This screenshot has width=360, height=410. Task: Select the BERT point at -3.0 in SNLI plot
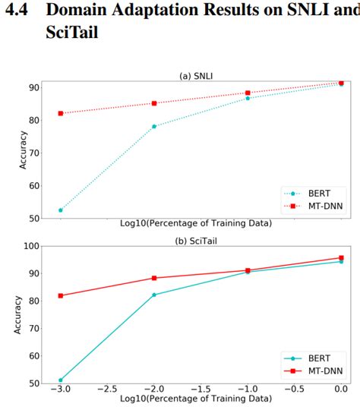pyautogui.click(x=61, y=210)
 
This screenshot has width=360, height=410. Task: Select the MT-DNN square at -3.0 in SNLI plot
pyautogui.click(x=61, y=113)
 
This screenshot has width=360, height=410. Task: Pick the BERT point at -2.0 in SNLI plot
pyautogui.click(x=154, y=126)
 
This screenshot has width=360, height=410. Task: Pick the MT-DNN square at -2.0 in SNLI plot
pyautogui.click(x=154, y=103)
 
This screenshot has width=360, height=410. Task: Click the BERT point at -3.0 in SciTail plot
pyautogui.click(x=61, y=380)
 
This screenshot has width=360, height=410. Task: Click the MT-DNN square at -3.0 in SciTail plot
pyautogui.click(x=61, y=295)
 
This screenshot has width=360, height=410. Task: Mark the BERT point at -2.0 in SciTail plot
pyautogui.click(x=154, y=295)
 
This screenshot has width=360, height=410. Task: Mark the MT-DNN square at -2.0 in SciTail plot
pyautogui.click(x=154, y=278)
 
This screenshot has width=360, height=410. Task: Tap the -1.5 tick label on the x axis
pyautogui.click(x=201, y=389)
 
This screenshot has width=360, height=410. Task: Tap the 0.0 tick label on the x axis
pyautogui.click(x=341, y=389)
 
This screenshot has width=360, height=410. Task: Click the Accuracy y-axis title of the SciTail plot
pyautogui.click(x=17, y=314)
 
